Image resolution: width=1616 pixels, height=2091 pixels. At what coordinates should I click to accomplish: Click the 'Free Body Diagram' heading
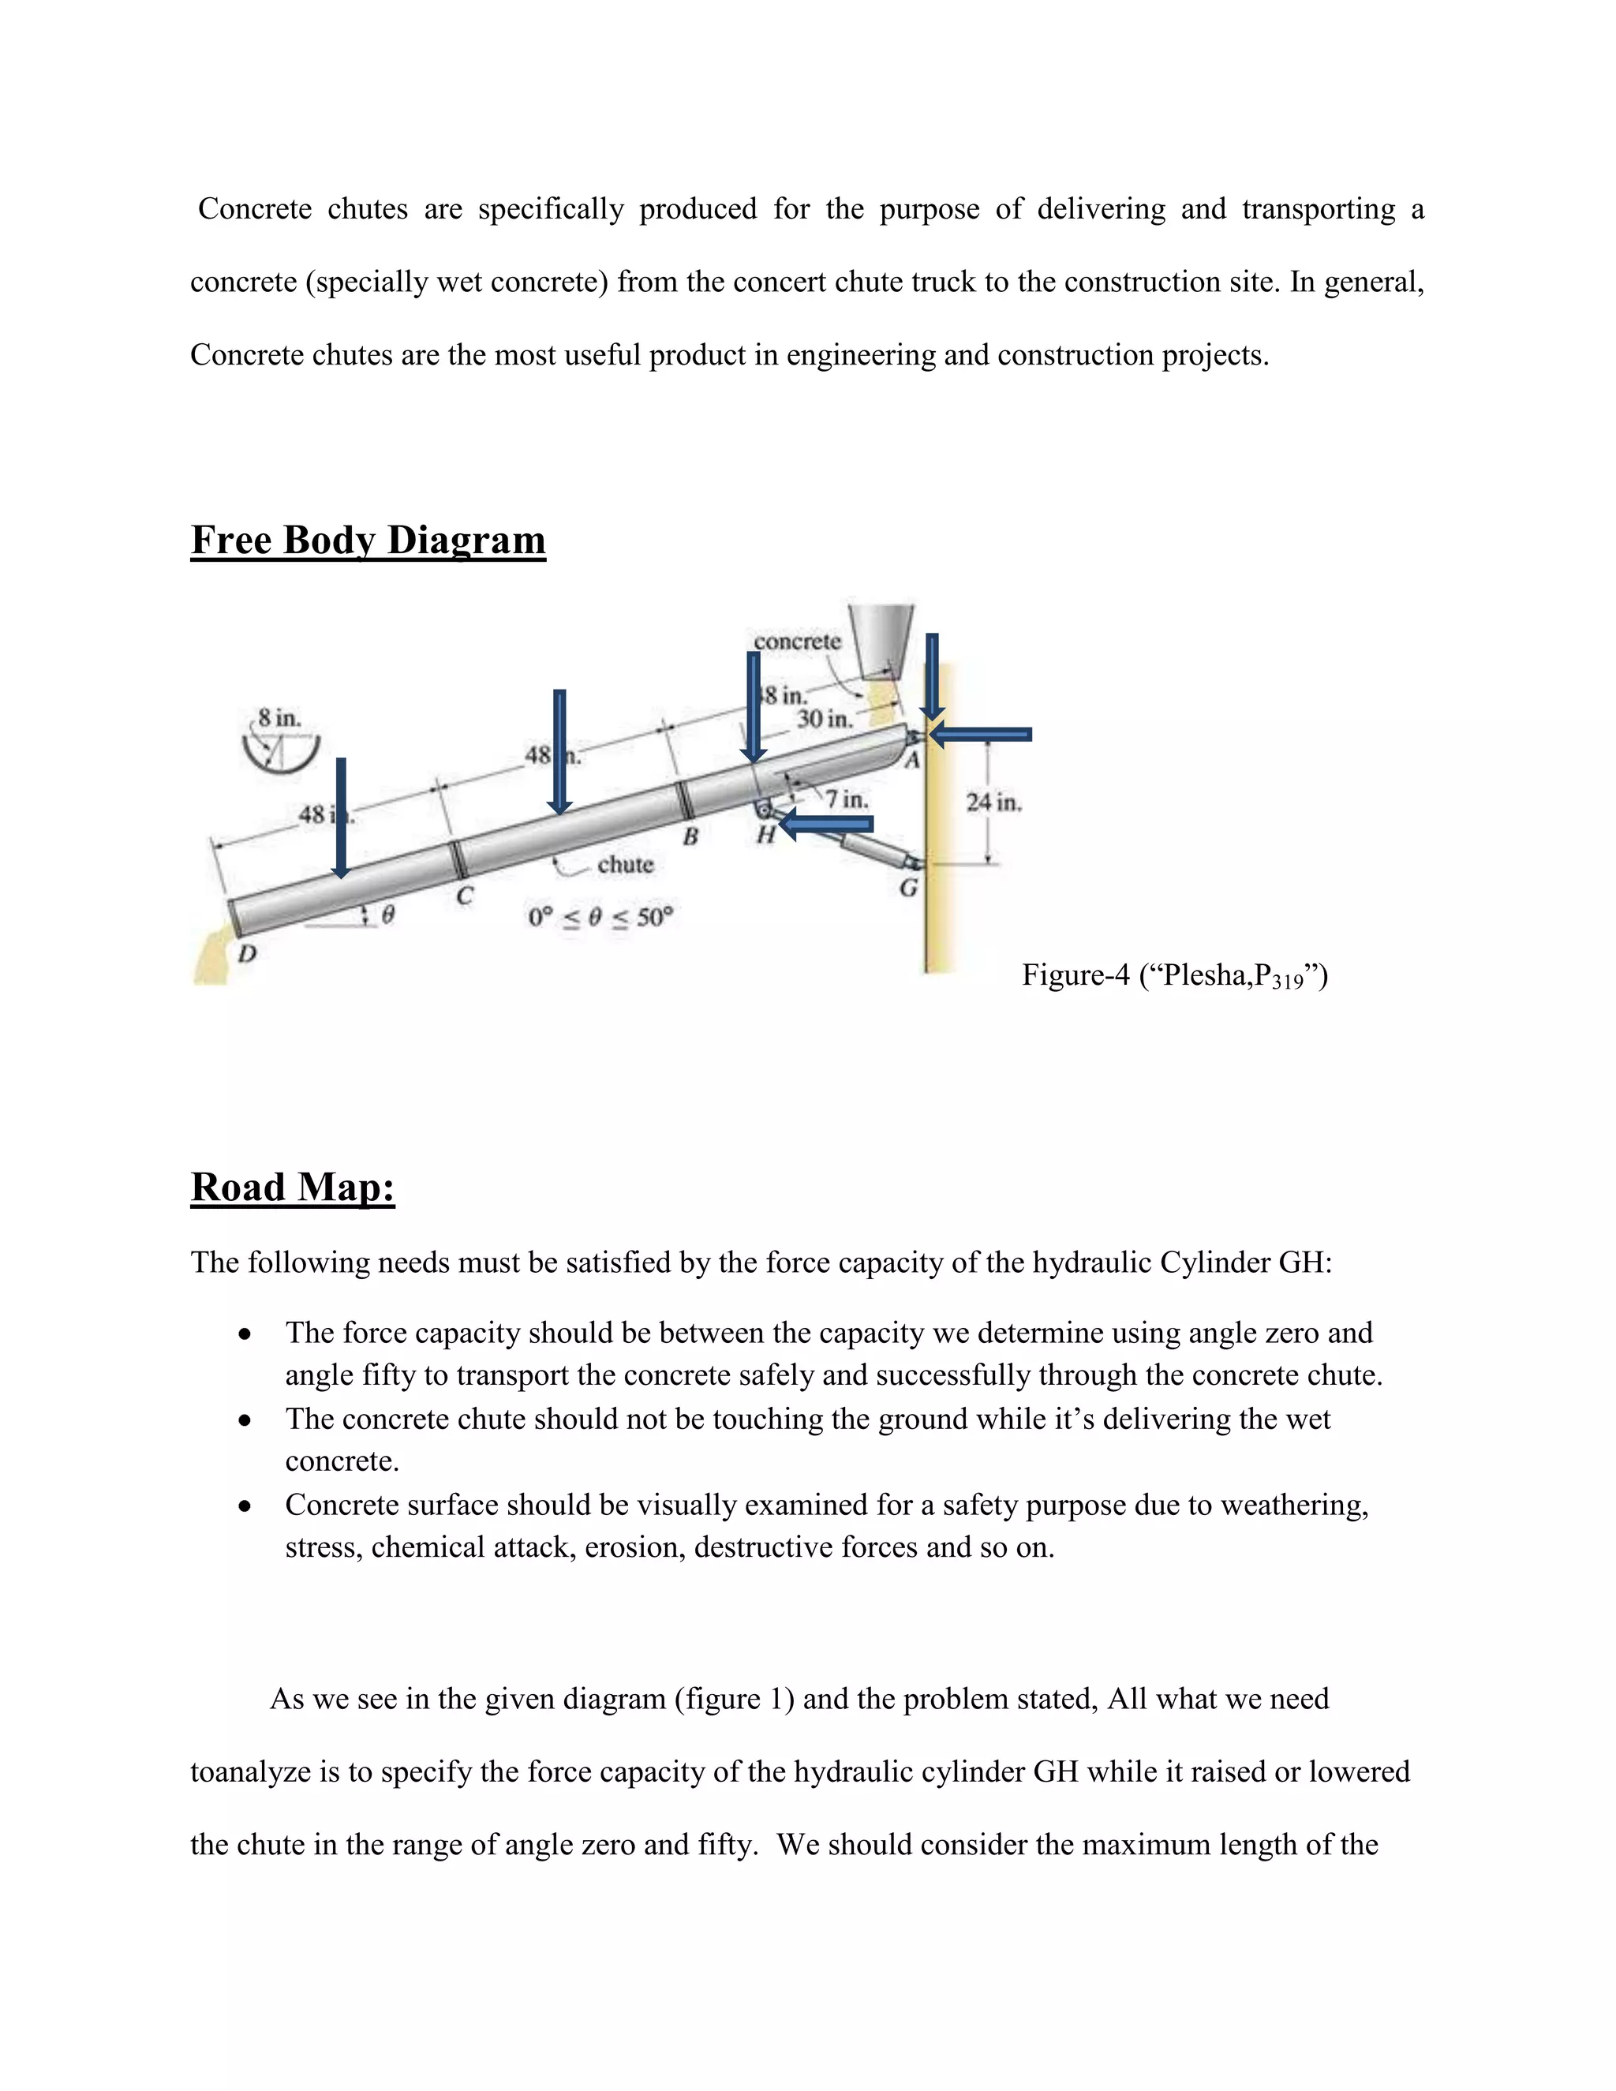coord(368,540)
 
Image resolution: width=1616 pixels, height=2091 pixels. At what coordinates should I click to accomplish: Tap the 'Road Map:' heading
coord(292,1188)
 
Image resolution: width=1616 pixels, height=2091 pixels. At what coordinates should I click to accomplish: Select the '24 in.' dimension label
coord(993,802)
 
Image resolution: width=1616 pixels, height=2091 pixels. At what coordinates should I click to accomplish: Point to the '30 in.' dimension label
coord(825,718)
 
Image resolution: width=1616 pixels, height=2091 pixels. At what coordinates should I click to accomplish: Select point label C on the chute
coord(464,897)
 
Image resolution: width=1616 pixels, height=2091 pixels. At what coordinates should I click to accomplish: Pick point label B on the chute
coord(690,836)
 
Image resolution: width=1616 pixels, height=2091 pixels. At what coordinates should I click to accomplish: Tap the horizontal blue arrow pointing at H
coord(825,823)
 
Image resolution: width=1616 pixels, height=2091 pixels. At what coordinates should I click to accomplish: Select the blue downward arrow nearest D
coord(340,817)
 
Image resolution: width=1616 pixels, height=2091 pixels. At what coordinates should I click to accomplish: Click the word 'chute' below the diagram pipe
coord(624,865)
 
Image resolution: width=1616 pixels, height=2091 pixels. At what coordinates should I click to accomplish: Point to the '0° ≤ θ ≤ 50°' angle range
coord(600,917)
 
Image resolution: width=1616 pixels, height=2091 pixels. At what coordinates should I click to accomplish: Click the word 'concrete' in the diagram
coord(796,641)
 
